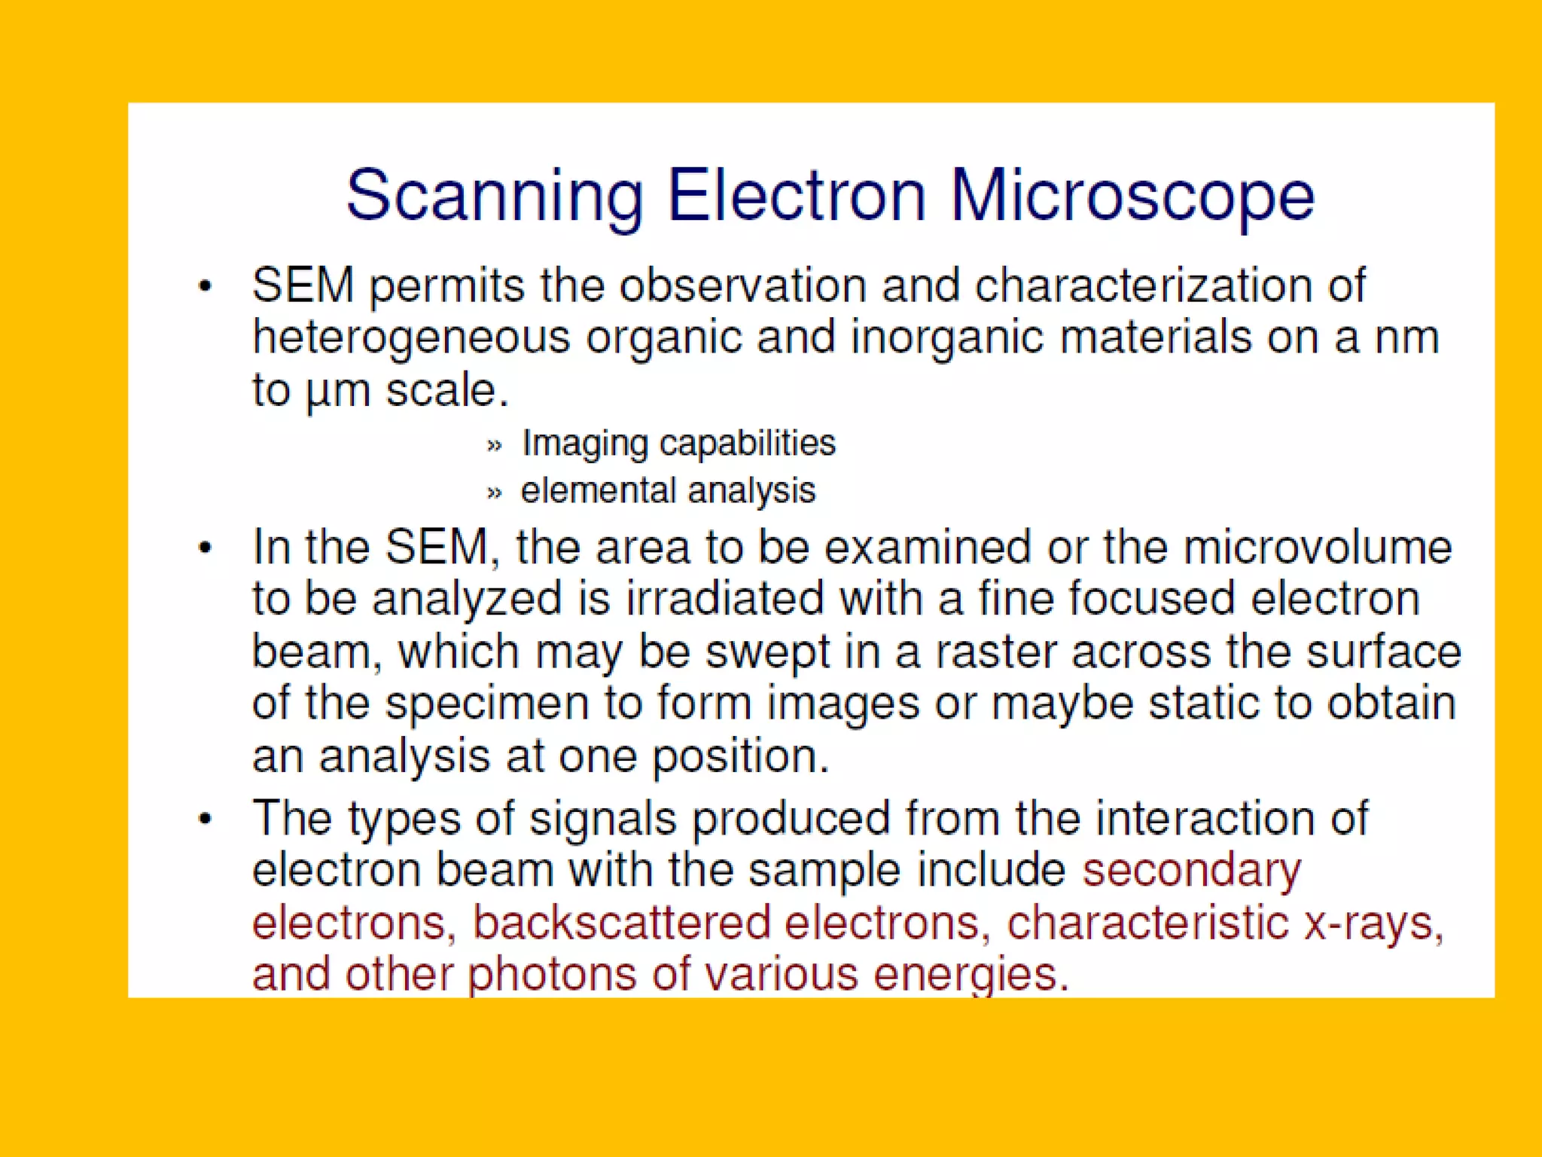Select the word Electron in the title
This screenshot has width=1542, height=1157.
[x=797, y=196]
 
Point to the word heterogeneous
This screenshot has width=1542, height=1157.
[x=411, y=338]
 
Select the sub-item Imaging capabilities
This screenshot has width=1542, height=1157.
[x=678, y=443]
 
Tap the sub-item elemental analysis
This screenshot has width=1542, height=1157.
[x=668, y=491]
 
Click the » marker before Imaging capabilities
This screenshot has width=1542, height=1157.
[x=494, y=445]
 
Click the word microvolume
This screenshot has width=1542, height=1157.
[x=1317, y=548]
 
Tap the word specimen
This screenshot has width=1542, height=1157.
[x=486, y=704]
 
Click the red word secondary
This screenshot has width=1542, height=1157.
[x=1191, y=872]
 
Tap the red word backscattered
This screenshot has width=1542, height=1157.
[x=622, y=923]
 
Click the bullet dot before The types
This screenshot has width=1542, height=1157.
[x=206, y=819]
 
